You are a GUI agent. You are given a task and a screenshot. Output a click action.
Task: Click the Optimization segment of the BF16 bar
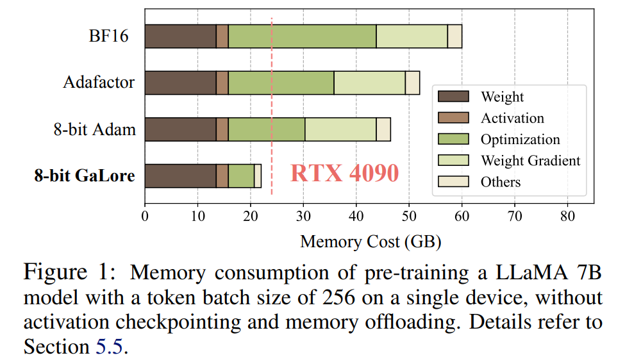(x=302, y=37)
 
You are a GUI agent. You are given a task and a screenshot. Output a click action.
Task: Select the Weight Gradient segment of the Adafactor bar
(x=369, y=83)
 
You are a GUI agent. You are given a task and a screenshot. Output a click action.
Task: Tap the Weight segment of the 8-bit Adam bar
(x=180, y=129)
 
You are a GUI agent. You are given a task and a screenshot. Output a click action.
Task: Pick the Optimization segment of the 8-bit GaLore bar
(x=241, y=176)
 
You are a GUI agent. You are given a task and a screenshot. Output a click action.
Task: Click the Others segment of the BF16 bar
(x=454, y=37)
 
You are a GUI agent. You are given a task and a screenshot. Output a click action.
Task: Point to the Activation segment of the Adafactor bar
(x=222, y=83)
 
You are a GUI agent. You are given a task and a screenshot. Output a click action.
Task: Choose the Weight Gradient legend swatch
(x=453, y=160)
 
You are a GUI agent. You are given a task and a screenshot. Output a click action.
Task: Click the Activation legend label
(x=512, y=118)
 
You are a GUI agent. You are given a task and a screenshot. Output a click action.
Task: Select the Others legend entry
(x=500, y=181)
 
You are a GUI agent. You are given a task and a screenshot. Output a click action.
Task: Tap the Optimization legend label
(x=520, y=139)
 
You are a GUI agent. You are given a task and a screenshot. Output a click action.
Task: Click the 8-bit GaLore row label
(x=85, y=176)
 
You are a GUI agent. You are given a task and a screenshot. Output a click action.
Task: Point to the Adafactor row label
(x=99, y=83)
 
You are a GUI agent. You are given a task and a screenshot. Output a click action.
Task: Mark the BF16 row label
(x=108, y=36)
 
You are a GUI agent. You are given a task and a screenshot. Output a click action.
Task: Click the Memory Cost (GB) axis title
(x=371, y=241)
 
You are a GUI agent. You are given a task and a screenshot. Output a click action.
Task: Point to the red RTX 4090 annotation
(x=344, y=173)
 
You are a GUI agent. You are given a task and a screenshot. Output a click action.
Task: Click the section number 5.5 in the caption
(x=113, y=347)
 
